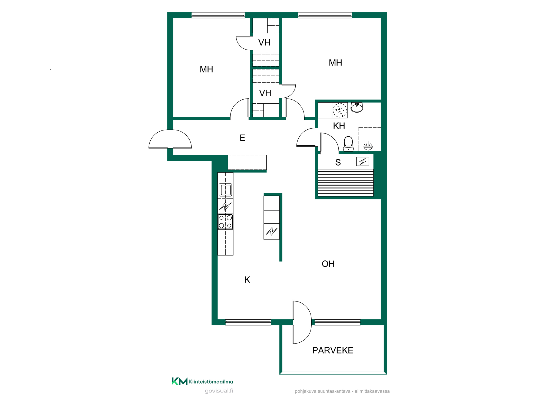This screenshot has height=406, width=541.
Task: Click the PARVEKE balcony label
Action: (x=333, y=350)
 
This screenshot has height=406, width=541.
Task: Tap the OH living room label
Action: (x=328, y=264)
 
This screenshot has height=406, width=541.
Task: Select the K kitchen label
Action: (x=247, y=280)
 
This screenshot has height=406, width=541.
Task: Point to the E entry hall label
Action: (x=242, y=138)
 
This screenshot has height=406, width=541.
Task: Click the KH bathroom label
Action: (x=339, y=126)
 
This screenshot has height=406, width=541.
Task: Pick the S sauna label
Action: (x=338, y=162)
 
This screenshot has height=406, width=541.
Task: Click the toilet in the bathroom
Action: (x=348, y=144)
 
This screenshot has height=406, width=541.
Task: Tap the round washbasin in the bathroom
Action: (x=357, y=107)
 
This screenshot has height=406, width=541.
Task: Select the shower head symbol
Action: (x=368, y=146)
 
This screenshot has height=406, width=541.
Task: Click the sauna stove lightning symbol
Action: (x=363, y=162)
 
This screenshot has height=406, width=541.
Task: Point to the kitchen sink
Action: (x=225, y=189)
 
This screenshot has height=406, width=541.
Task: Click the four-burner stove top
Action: (x=225, y=222)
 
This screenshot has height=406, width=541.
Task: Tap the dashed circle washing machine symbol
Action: (x=340, y=110)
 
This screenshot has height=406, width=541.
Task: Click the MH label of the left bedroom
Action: (x=206, y=70)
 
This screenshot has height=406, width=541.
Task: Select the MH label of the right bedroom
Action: (x=335, y=63)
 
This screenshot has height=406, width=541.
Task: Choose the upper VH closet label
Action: (x=264, y=42)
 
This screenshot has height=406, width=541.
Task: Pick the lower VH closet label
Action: (x=265, y=93)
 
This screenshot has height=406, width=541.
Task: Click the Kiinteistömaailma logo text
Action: (x=211, y=382)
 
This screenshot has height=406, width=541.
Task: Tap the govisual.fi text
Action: (x=219, y=391)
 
